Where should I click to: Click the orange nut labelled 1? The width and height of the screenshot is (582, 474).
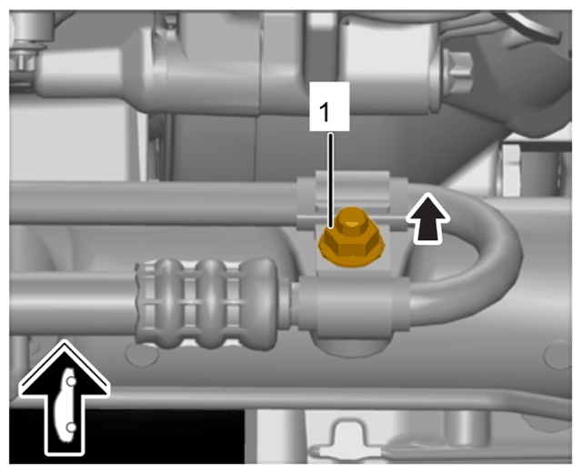(x=351, y=237)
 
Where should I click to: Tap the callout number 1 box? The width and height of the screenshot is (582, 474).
(x=329, y=106)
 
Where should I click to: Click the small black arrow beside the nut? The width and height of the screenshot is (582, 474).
(x=428, y=218)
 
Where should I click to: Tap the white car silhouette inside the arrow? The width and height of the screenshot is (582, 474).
(x=65, y=405)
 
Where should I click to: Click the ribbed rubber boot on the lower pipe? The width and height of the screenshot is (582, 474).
(x=207, y=304)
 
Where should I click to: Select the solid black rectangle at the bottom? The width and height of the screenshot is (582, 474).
(x=127, y=437)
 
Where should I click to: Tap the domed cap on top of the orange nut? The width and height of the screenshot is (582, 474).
(x=351, y=220)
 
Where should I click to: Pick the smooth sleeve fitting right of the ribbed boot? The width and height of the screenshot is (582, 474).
(x=353, y=305)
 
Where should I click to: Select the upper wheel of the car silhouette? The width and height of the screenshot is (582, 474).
(x=71, y=381)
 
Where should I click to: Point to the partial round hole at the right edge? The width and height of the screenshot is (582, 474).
(x=558, y=355)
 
